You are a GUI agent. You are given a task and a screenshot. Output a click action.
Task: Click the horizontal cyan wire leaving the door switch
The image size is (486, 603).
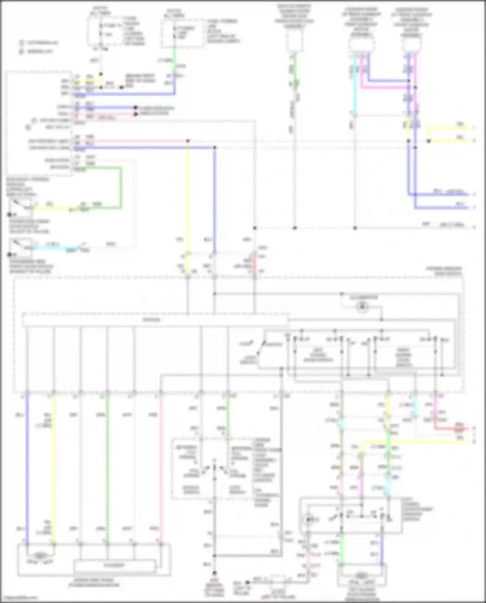55,248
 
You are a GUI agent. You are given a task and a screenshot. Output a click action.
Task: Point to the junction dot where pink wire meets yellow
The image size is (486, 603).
188,141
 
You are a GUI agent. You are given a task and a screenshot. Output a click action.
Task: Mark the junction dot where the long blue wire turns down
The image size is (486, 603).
215,148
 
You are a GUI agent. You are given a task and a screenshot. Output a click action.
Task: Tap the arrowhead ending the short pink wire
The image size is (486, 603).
136,114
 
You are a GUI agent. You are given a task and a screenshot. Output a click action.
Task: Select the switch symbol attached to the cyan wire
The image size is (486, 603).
19,247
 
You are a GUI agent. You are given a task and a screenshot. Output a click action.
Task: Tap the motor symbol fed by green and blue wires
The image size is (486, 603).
360,575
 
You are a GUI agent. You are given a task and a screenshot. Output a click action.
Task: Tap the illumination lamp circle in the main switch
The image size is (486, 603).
362,306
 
